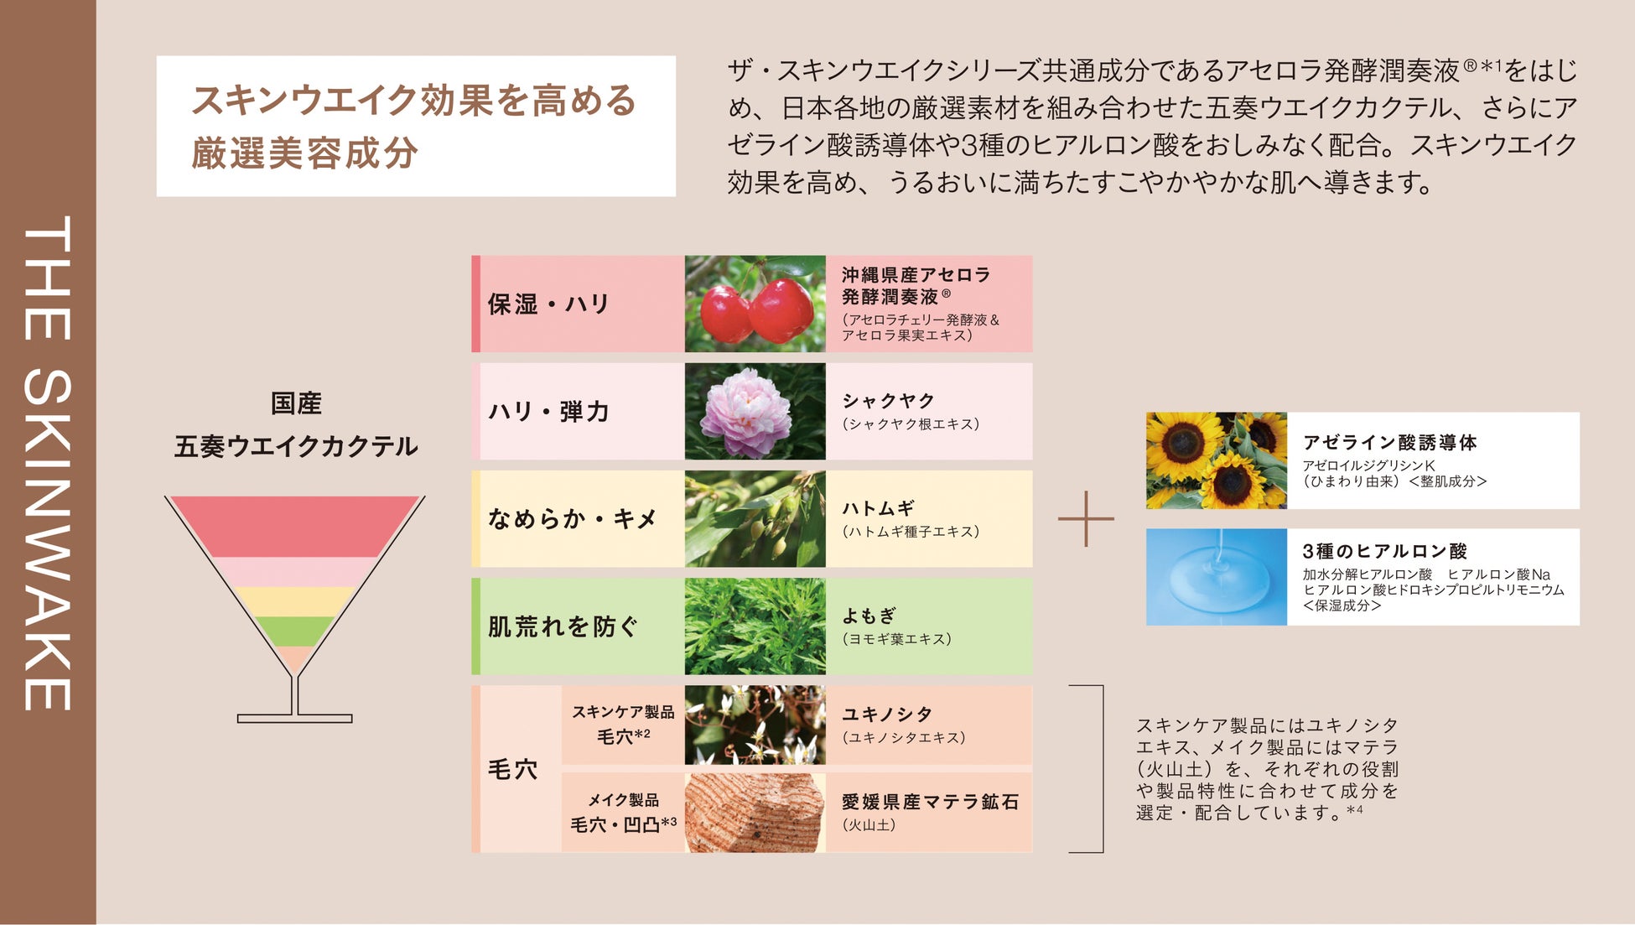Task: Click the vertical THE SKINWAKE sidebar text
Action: pos(48,463)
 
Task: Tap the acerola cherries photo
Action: pos(755,304)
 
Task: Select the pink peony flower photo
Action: pos(755,411)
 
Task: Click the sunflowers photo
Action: pos(1216,460)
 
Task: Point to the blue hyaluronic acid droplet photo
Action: pos(1216,577)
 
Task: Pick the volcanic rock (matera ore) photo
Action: pos(755,813)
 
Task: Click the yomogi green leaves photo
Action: pos(755,626)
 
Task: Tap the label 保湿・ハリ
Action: pos(548,304)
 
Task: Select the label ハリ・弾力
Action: pos(548,411)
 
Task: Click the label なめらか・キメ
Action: pos(572,518)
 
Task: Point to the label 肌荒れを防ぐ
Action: pos(563,626)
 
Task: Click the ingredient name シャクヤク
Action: pos(888,401)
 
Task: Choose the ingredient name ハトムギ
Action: pos(878,508)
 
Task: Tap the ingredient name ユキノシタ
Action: pos(887,714)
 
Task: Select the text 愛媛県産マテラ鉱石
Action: pos(930,802)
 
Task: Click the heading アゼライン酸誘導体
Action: pos(1389,442)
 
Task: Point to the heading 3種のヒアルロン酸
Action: pos(1384,551)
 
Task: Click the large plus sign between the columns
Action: pos(1086,519)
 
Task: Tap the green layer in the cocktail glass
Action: pos(294,631)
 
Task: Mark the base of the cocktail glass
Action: pos(294,718)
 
